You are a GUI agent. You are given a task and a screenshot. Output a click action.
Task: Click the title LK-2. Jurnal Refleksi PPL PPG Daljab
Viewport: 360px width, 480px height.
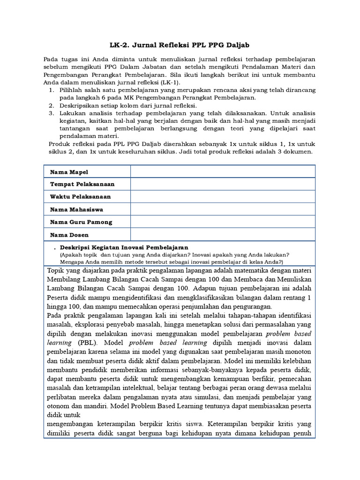(180, 45)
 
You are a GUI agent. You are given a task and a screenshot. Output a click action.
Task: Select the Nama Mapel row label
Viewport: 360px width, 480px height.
(69, 172)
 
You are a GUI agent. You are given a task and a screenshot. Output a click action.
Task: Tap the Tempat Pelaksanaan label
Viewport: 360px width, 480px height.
(82, 185)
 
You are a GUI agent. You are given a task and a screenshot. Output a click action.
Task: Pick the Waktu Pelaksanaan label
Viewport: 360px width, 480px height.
(80, 197)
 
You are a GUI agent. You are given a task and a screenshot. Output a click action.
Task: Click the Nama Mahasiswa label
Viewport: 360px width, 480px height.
(76, 210)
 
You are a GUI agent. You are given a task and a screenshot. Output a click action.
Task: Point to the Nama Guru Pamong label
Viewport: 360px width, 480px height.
(81, 222)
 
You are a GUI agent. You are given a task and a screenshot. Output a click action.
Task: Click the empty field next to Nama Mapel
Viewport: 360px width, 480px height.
(223, 172)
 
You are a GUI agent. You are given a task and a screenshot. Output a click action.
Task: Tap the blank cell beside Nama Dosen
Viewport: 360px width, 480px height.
(223, 234)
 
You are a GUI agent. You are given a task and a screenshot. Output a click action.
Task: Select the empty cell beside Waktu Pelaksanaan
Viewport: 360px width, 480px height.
(223, 197)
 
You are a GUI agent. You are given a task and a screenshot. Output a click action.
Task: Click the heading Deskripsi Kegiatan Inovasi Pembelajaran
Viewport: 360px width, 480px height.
(124, 247)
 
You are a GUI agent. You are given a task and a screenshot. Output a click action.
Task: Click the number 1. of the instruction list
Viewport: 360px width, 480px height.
(52, 90)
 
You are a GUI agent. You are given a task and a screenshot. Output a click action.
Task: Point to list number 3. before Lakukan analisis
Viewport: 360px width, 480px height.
(52, 113)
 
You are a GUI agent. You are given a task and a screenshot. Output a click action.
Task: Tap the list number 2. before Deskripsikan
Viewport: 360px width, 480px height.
(52, 105)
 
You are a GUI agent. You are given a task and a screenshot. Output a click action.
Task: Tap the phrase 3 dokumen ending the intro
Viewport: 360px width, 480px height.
(295, 152)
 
